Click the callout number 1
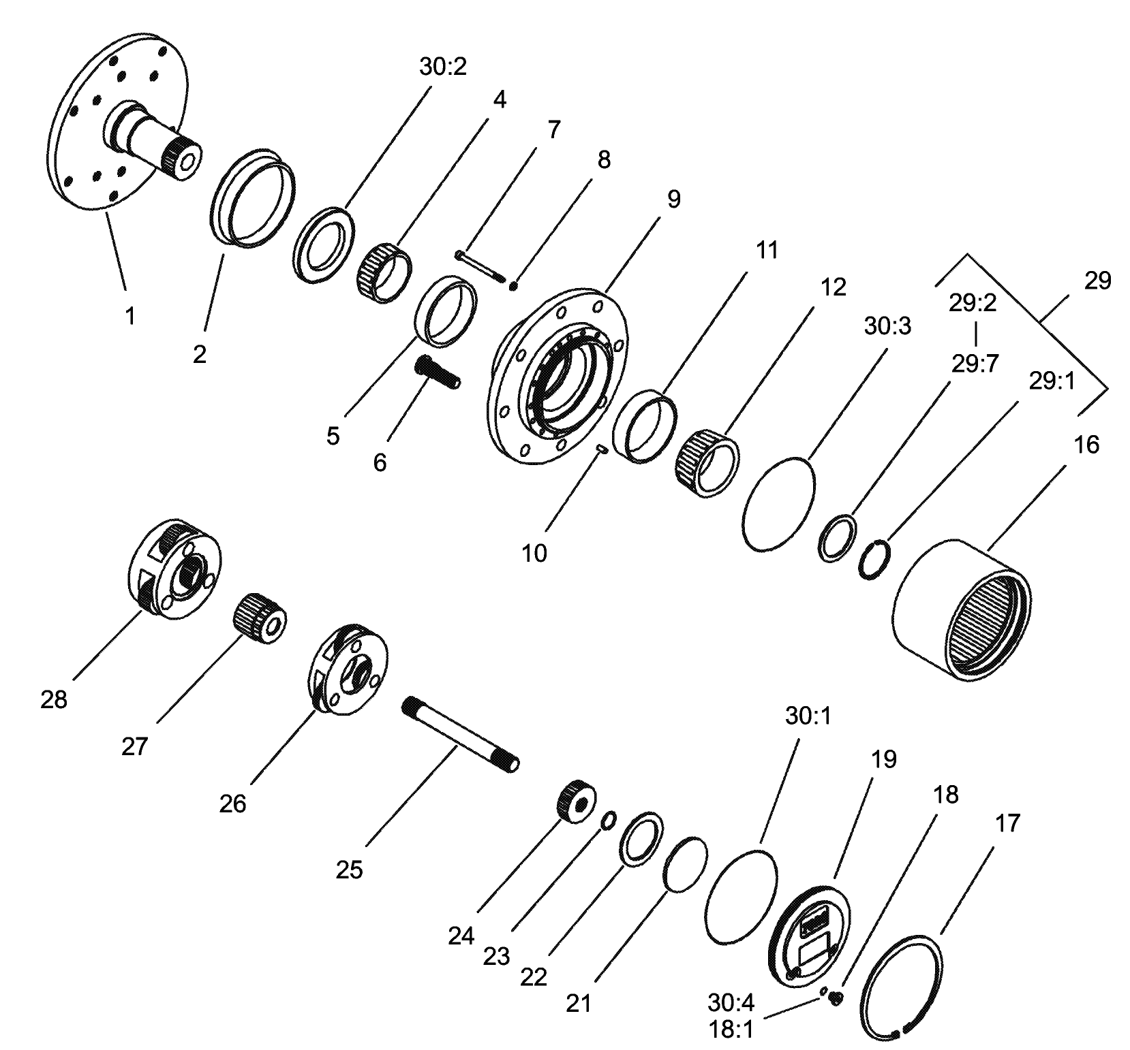(129, 315)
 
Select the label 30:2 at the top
(442, 67)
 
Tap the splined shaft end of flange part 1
(183, 157)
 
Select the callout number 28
(54, 699)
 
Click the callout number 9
(673, 199)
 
